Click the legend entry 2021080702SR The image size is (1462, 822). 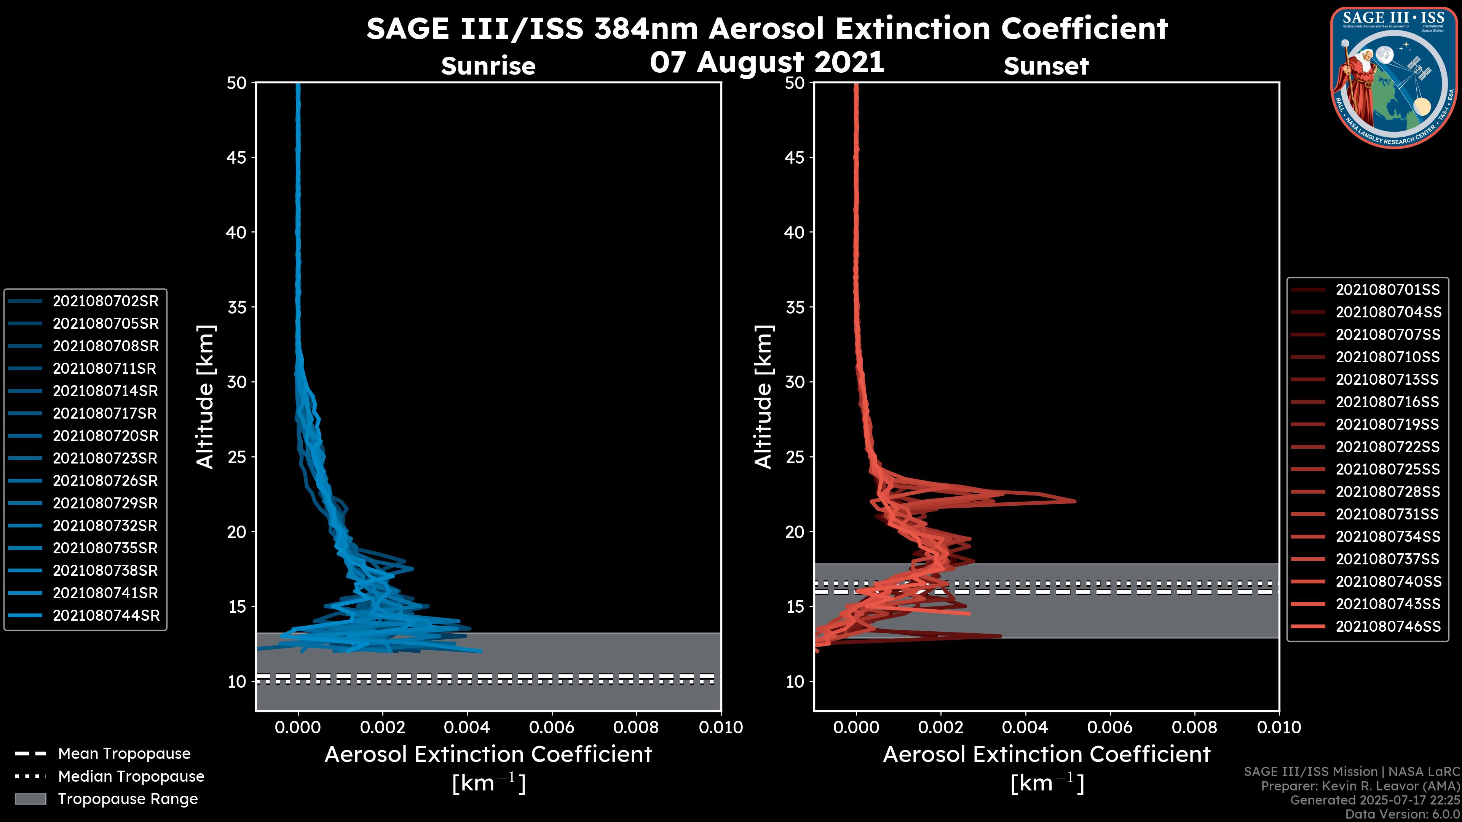[105, 301]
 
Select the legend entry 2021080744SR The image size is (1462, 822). [105, 615]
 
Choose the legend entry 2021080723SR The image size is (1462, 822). [105, 458]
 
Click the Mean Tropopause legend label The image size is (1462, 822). [124, 754]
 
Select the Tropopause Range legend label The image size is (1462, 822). [128, 799]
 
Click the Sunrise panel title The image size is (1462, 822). [488, 66]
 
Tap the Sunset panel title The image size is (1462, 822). [1046, 66]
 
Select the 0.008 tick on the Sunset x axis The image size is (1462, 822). [1195, 727]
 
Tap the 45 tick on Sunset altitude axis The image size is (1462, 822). [795, 157]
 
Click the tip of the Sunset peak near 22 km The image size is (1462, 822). [1074, 501]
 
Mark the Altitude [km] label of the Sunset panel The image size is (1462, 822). [763, 397]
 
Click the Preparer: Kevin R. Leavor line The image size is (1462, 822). [1360, 786]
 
